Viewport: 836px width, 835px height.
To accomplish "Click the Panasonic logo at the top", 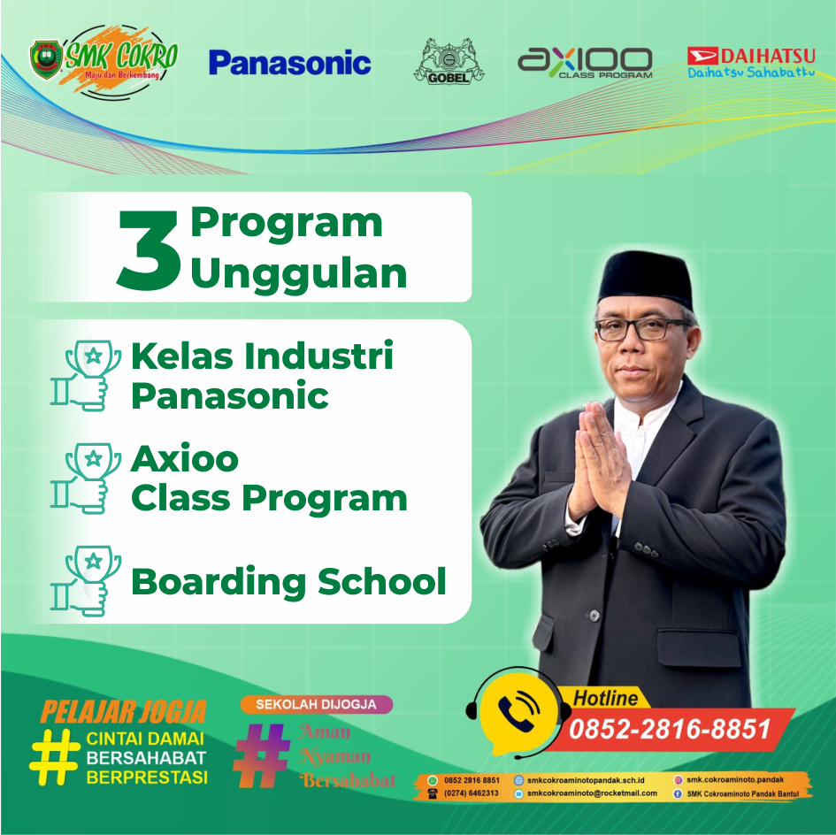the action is (x=289, y=63).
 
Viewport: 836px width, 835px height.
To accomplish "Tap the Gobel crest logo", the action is (x=449, y=61).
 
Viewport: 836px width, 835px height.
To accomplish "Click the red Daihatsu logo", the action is (x=751, y=63).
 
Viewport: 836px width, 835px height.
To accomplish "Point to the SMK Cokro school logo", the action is (x=104, y=61).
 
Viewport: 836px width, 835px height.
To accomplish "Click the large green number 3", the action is (x=149, y=250).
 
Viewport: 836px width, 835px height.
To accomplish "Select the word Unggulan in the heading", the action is (x=299, y=274).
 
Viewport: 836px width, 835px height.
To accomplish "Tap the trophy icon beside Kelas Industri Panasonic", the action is (x=87, y=375).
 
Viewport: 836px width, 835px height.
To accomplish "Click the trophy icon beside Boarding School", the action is (x=87, y=580).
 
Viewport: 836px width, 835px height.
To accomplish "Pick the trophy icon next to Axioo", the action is (x=87, y=479).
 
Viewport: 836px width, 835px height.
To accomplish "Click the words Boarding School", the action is (x=288, y=581).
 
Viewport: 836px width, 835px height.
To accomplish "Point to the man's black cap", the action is (x=645, y=279).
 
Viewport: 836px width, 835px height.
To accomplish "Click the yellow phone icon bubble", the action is (x=518, y=712).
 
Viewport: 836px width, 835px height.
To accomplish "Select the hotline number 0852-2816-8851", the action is (x=670, y=729).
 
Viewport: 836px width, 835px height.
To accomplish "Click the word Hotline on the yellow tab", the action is (x=606, y=698).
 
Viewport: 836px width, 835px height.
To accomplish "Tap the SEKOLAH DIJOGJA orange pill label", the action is (x=316, y=704).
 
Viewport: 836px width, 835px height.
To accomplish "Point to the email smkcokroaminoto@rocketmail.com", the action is (x=592, y=793).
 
